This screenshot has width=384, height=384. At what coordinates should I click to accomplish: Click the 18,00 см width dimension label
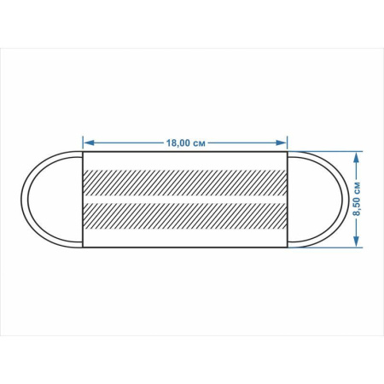click(x=185, y=143)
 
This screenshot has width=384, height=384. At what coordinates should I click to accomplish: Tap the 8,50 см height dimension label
click(x=358, y=199)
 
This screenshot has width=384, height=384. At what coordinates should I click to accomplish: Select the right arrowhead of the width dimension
click(x=281, y=143)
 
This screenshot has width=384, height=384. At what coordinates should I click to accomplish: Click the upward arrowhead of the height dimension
click(x=357, y=157)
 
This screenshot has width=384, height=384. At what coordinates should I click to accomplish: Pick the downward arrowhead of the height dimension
click(x=357, y=241)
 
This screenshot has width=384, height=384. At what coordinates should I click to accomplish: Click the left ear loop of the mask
click(x=24, y=199)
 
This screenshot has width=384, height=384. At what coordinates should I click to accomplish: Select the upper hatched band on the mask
click(x=185, y=183)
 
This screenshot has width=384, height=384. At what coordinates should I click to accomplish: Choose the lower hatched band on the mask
click(x=185, y=216)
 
